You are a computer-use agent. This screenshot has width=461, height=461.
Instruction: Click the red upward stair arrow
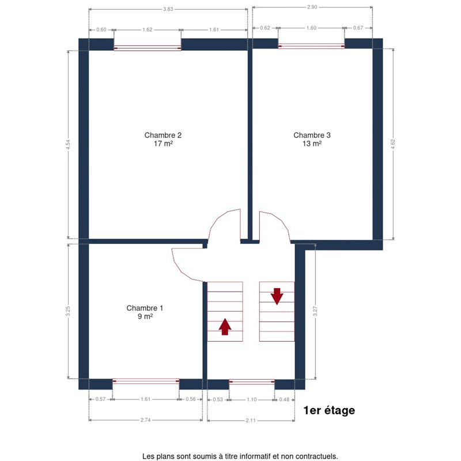pos(225,327)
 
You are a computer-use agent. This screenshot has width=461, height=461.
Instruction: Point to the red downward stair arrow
pos(277,296)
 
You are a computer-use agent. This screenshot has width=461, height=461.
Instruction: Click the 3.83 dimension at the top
pos(168,9)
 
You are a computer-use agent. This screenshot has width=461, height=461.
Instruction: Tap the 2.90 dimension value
pos(312,7)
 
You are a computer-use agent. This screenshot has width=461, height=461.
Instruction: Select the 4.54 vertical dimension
pos(68,145)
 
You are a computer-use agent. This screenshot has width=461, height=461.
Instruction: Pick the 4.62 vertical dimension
pos(393,144)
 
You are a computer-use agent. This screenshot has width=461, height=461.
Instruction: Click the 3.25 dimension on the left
pos(68,311)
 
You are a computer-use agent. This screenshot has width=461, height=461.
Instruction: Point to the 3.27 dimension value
pos(315,311)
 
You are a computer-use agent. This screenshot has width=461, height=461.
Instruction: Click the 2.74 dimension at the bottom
pos(146,420)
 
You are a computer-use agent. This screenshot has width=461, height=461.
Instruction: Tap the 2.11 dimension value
pos(251,421)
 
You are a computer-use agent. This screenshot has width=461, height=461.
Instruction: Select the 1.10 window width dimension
pos(252,399)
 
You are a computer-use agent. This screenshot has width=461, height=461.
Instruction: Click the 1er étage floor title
pos(329,410)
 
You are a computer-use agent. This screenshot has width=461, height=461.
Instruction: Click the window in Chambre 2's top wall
pos(148,48)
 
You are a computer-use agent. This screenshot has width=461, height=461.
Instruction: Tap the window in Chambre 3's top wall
pos(311,46)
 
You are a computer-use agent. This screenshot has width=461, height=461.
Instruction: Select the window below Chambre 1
pos(146,381)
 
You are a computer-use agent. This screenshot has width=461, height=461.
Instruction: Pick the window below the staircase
pos(252,381)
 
